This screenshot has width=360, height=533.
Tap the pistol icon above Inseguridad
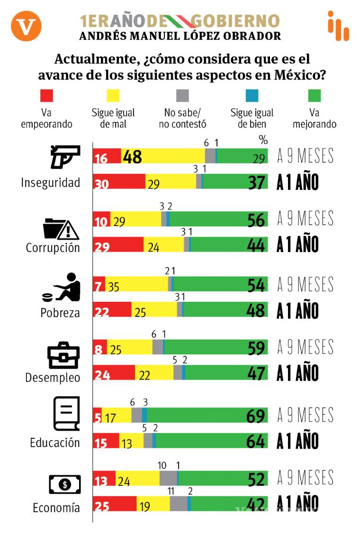point(65,157)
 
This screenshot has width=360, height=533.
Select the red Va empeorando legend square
point(46,96)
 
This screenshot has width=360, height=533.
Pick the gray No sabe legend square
point(182,96)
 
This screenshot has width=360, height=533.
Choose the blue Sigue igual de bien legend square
point(252,96)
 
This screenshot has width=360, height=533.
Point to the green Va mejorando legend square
point(314,96)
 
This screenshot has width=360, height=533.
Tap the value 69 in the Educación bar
point(256,416)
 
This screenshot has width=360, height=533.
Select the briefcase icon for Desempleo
point(63,355)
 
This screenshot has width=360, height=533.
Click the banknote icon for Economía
point(64,484)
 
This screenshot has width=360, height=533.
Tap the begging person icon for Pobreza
point(62,287)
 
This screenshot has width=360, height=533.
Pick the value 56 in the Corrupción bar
point(256,220)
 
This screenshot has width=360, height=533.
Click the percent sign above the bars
point(263,140)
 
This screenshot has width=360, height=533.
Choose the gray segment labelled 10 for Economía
point(169,479)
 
